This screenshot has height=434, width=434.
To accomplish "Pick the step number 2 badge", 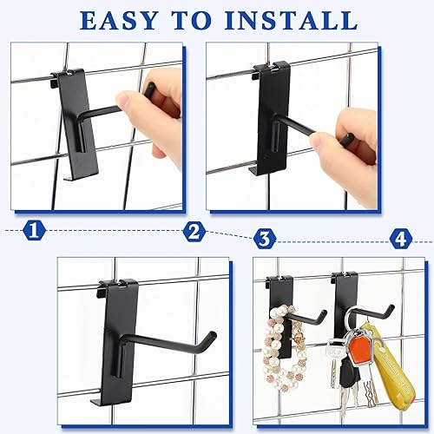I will (x=196, y=232).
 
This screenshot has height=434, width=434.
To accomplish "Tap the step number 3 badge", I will (x=265, y=236).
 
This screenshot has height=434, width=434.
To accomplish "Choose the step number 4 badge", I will (x=400, y=236).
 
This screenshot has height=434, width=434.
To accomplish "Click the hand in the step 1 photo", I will (x=165, y=108).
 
